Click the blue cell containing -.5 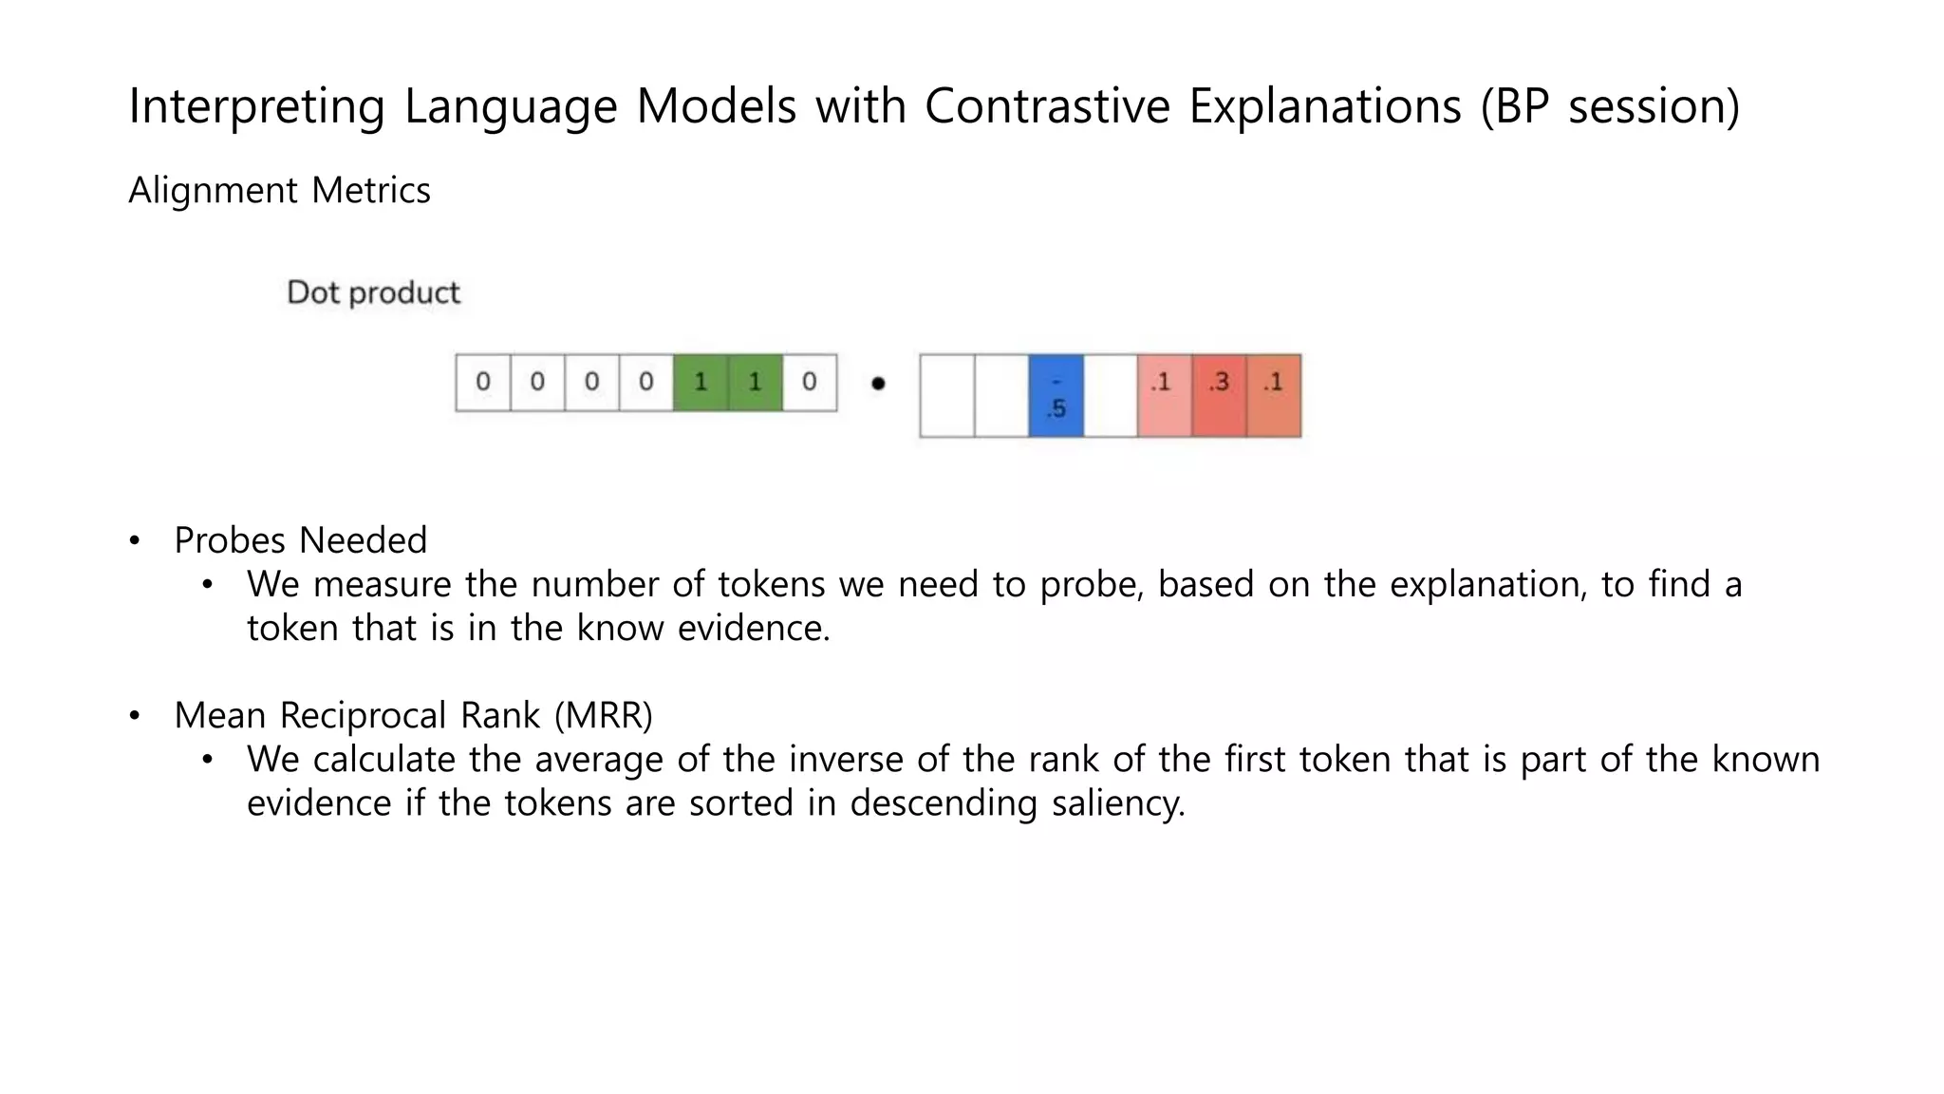coord(1056,396)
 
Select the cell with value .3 coord(1219,396)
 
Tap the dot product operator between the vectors coord(878,384)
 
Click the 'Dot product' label coord(373,292)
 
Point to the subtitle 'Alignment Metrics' coord(279,191)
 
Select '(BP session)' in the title coord(1610,105)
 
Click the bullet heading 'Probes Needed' coord(300,540)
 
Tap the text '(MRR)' coord(604,715)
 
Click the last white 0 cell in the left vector coord(809,383)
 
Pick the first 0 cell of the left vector coord(483,383)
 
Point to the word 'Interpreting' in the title coord(256,105)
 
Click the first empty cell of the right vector coord(946,396)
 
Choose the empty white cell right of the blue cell coord(1110,396)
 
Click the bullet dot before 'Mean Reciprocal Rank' coord(135,715)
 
